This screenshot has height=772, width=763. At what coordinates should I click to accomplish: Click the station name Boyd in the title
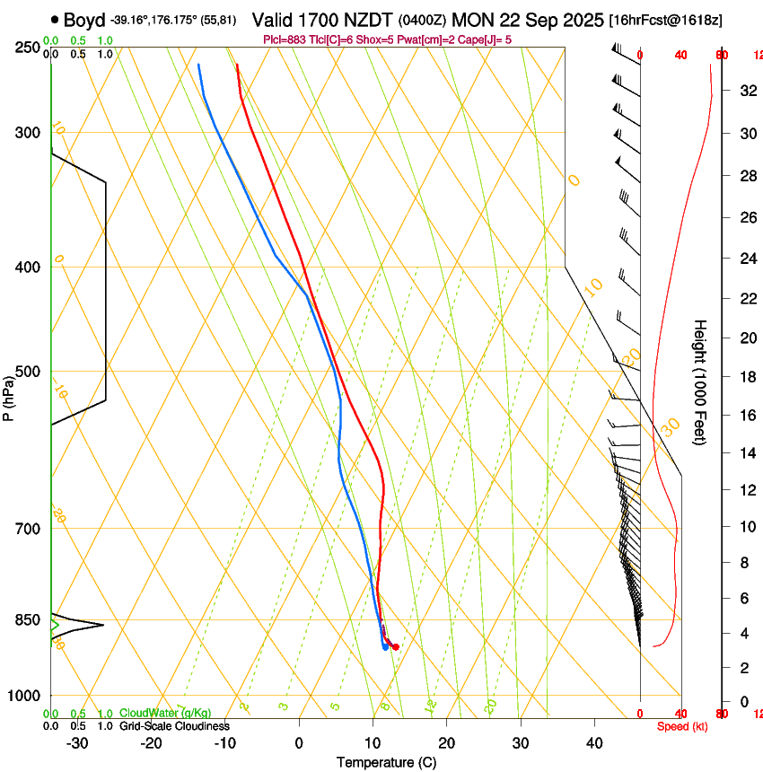[x=83, y=19]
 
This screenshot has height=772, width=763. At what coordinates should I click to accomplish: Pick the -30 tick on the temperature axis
[x=77, y=742]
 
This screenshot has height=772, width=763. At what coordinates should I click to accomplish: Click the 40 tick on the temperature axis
[x=593, y=742]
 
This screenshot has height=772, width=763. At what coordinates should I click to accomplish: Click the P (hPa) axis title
[x=9, y=396]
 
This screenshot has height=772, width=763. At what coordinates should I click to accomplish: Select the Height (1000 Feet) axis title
[x=700, y=382]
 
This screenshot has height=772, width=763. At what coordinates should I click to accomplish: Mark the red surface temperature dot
[x=396, y=646]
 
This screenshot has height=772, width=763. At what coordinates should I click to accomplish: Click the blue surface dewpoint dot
[x=385, y=646]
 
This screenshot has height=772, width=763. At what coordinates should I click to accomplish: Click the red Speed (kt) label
[x=681, y=725]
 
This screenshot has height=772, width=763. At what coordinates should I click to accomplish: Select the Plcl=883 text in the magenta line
[x=286, y=39]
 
